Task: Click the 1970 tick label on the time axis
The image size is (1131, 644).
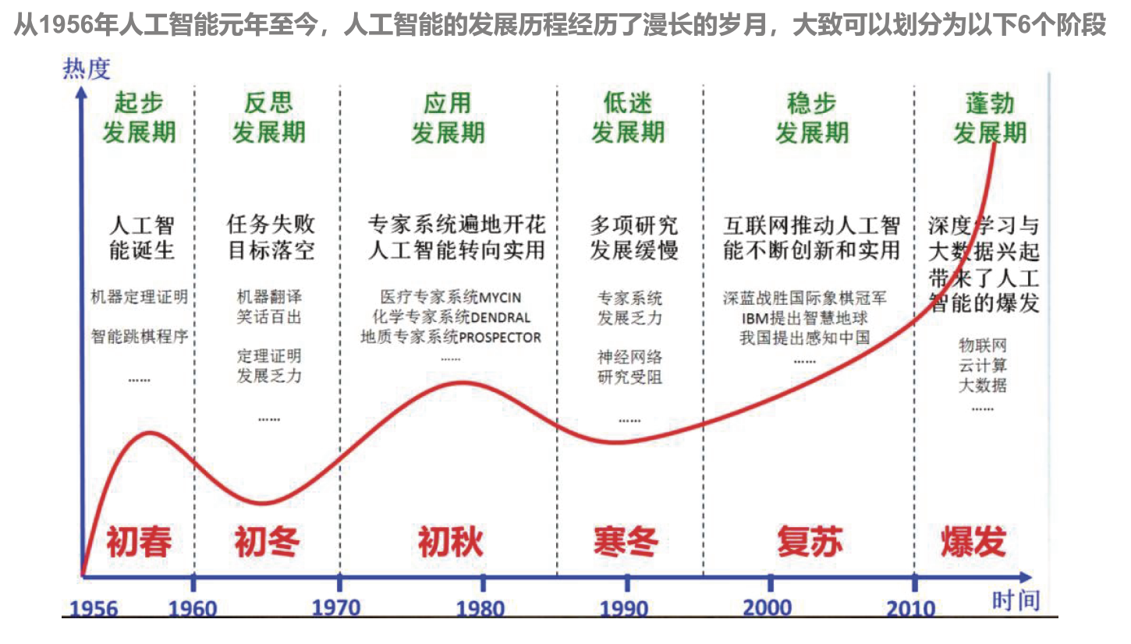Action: coord(336,607)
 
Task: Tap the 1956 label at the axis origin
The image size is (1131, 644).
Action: coord(94,608)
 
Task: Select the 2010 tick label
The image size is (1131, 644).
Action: coord(909,607)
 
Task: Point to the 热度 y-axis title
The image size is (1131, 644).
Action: coord(87,69)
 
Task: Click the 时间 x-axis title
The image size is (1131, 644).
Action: coord(1016,601)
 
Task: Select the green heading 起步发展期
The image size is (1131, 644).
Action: coord(139,118)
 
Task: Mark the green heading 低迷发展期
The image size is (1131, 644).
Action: coord(627,118)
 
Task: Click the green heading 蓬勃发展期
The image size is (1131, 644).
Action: coord(989,118)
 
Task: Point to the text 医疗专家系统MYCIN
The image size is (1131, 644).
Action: coord(450,298)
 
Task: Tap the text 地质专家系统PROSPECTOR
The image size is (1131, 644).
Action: coord(450,338)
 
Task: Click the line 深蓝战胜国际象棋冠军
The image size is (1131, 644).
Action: coord(804,298)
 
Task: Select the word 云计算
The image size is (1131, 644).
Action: coord(982,365)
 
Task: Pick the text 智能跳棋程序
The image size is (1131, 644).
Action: coord(139,338)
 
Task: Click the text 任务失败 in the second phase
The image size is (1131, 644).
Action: coord(271,225)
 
